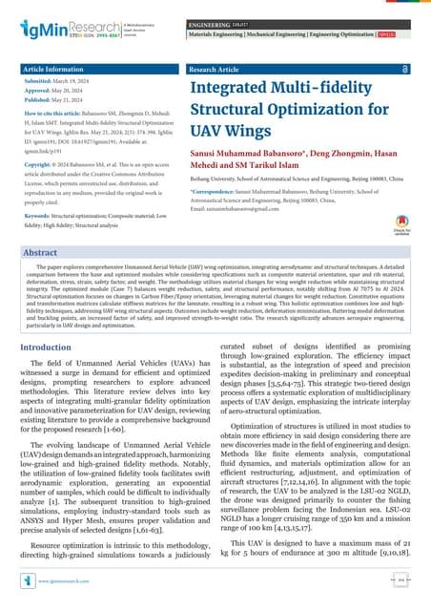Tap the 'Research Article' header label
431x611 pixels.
click(x=219, y=70)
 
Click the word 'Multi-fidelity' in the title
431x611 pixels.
click(x=306, y=92)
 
